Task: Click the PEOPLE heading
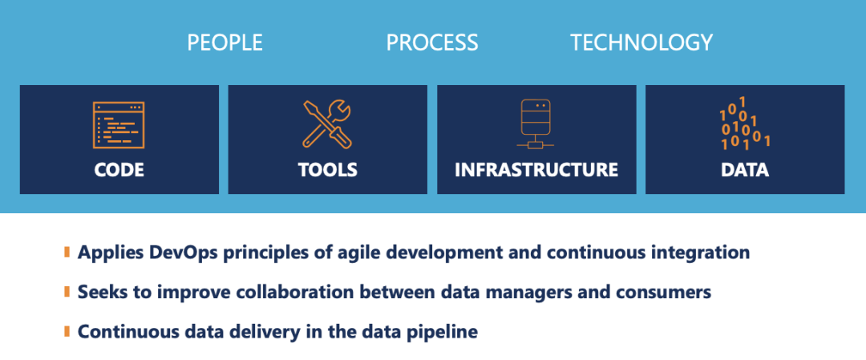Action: [x=225, y=42]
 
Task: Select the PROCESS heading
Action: [x=432, y=42]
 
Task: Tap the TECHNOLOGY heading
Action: [x=641, y=42]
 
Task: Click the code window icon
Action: [x=118, y=125]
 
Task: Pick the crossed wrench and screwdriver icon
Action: [x=327, y=125]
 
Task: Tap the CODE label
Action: [x=119, y=169]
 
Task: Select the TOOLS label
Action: [x=327, y=169]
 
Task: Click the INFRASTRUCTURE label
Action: [x=536, y=169]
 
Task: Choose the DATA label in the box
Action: [x=744, y=169]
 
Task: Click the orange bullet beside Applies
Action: [x=67, y=253]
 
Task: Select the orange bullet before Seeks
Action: [x=67, y=292]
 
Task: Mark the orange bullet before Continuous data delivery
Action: [x=67, y=332]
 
